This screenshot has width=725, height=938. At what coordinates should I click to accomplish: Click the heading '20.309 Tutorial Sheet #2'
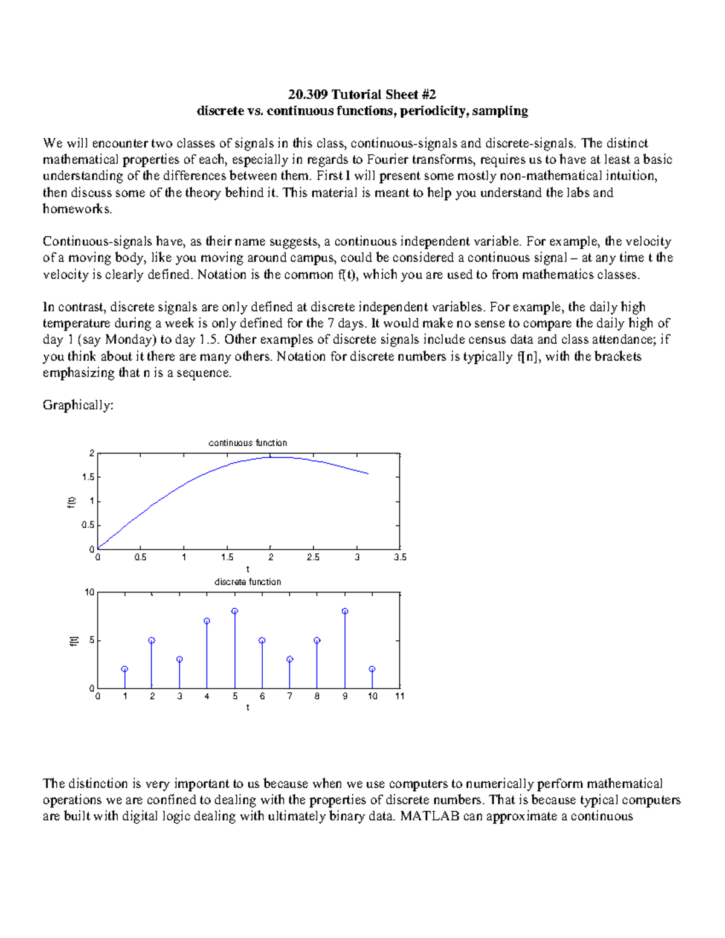(x=362, y=94)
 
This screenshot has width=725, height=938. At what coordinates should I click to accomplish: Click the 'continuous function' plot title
(x=248, y=443)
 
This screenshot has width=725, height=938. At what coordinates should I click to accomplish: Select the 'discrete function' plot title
(x=248, y=582)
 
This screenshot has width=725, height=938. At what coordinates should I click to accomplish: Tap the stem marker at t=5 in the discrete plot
(x=234, y=611)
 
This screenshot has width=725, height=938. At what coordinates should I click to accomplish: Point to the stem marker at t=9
(x=345, y=611)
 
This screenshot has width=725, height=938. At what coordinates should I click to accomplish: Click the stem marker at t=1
(x=124, y=669)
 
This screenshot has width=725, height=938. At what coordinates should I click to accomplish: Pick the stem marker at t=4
(x=207, y=621)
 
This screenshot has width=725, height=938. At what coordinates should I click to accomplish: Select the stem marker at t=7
(x=290, y=660)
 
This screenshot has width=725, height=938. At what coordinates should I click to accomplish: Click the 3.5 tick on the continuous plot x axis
(x=400, y=557)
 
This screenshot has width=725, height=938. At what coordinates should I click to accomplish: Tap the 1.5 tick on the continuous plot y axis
(x=88, y=477)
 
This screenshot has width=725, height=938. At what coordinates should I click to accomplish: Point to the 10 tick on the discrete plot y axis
(x=89, y=592)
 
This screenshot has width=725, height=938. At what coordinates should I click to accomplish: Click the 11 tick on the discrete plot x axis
(x=400, y=696)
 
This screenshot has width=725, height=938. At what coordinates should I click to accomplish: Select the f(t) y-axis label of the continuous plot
(x=71, y=501)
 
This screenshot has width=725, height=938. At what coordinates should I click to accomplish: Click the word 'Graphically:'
(x=78, y=405)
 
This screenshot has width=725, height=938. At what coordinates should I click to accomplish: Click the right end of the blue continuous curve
(x=368, y=474)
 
